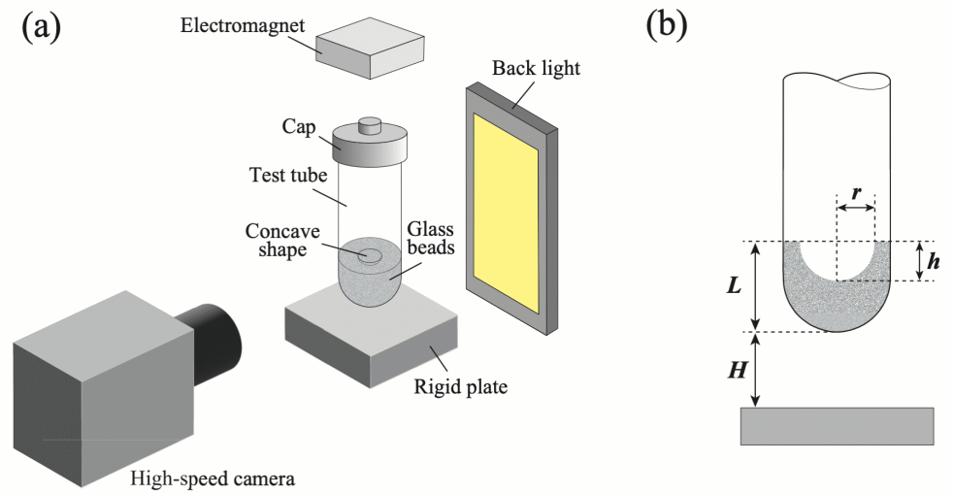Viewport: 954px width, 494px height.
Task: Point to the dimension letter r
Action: (855, 191)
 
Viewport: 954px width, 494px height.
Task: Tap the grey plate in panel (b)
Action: (837, 426)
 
